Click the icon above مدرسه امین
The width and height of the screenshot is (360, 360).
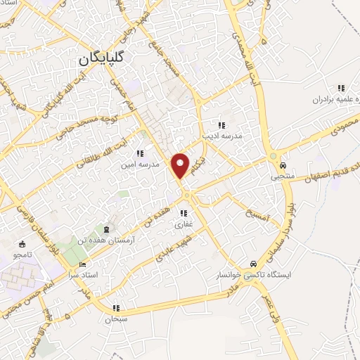(x=140, y=153)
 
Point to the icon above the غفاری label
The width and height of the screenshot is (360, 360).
(x=184, y=213)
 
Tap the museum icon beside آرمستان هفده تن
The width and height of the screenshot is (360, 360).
(x=106, y=230)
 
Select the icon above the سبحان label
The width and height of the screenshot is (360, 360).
(x=116, y=308)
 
